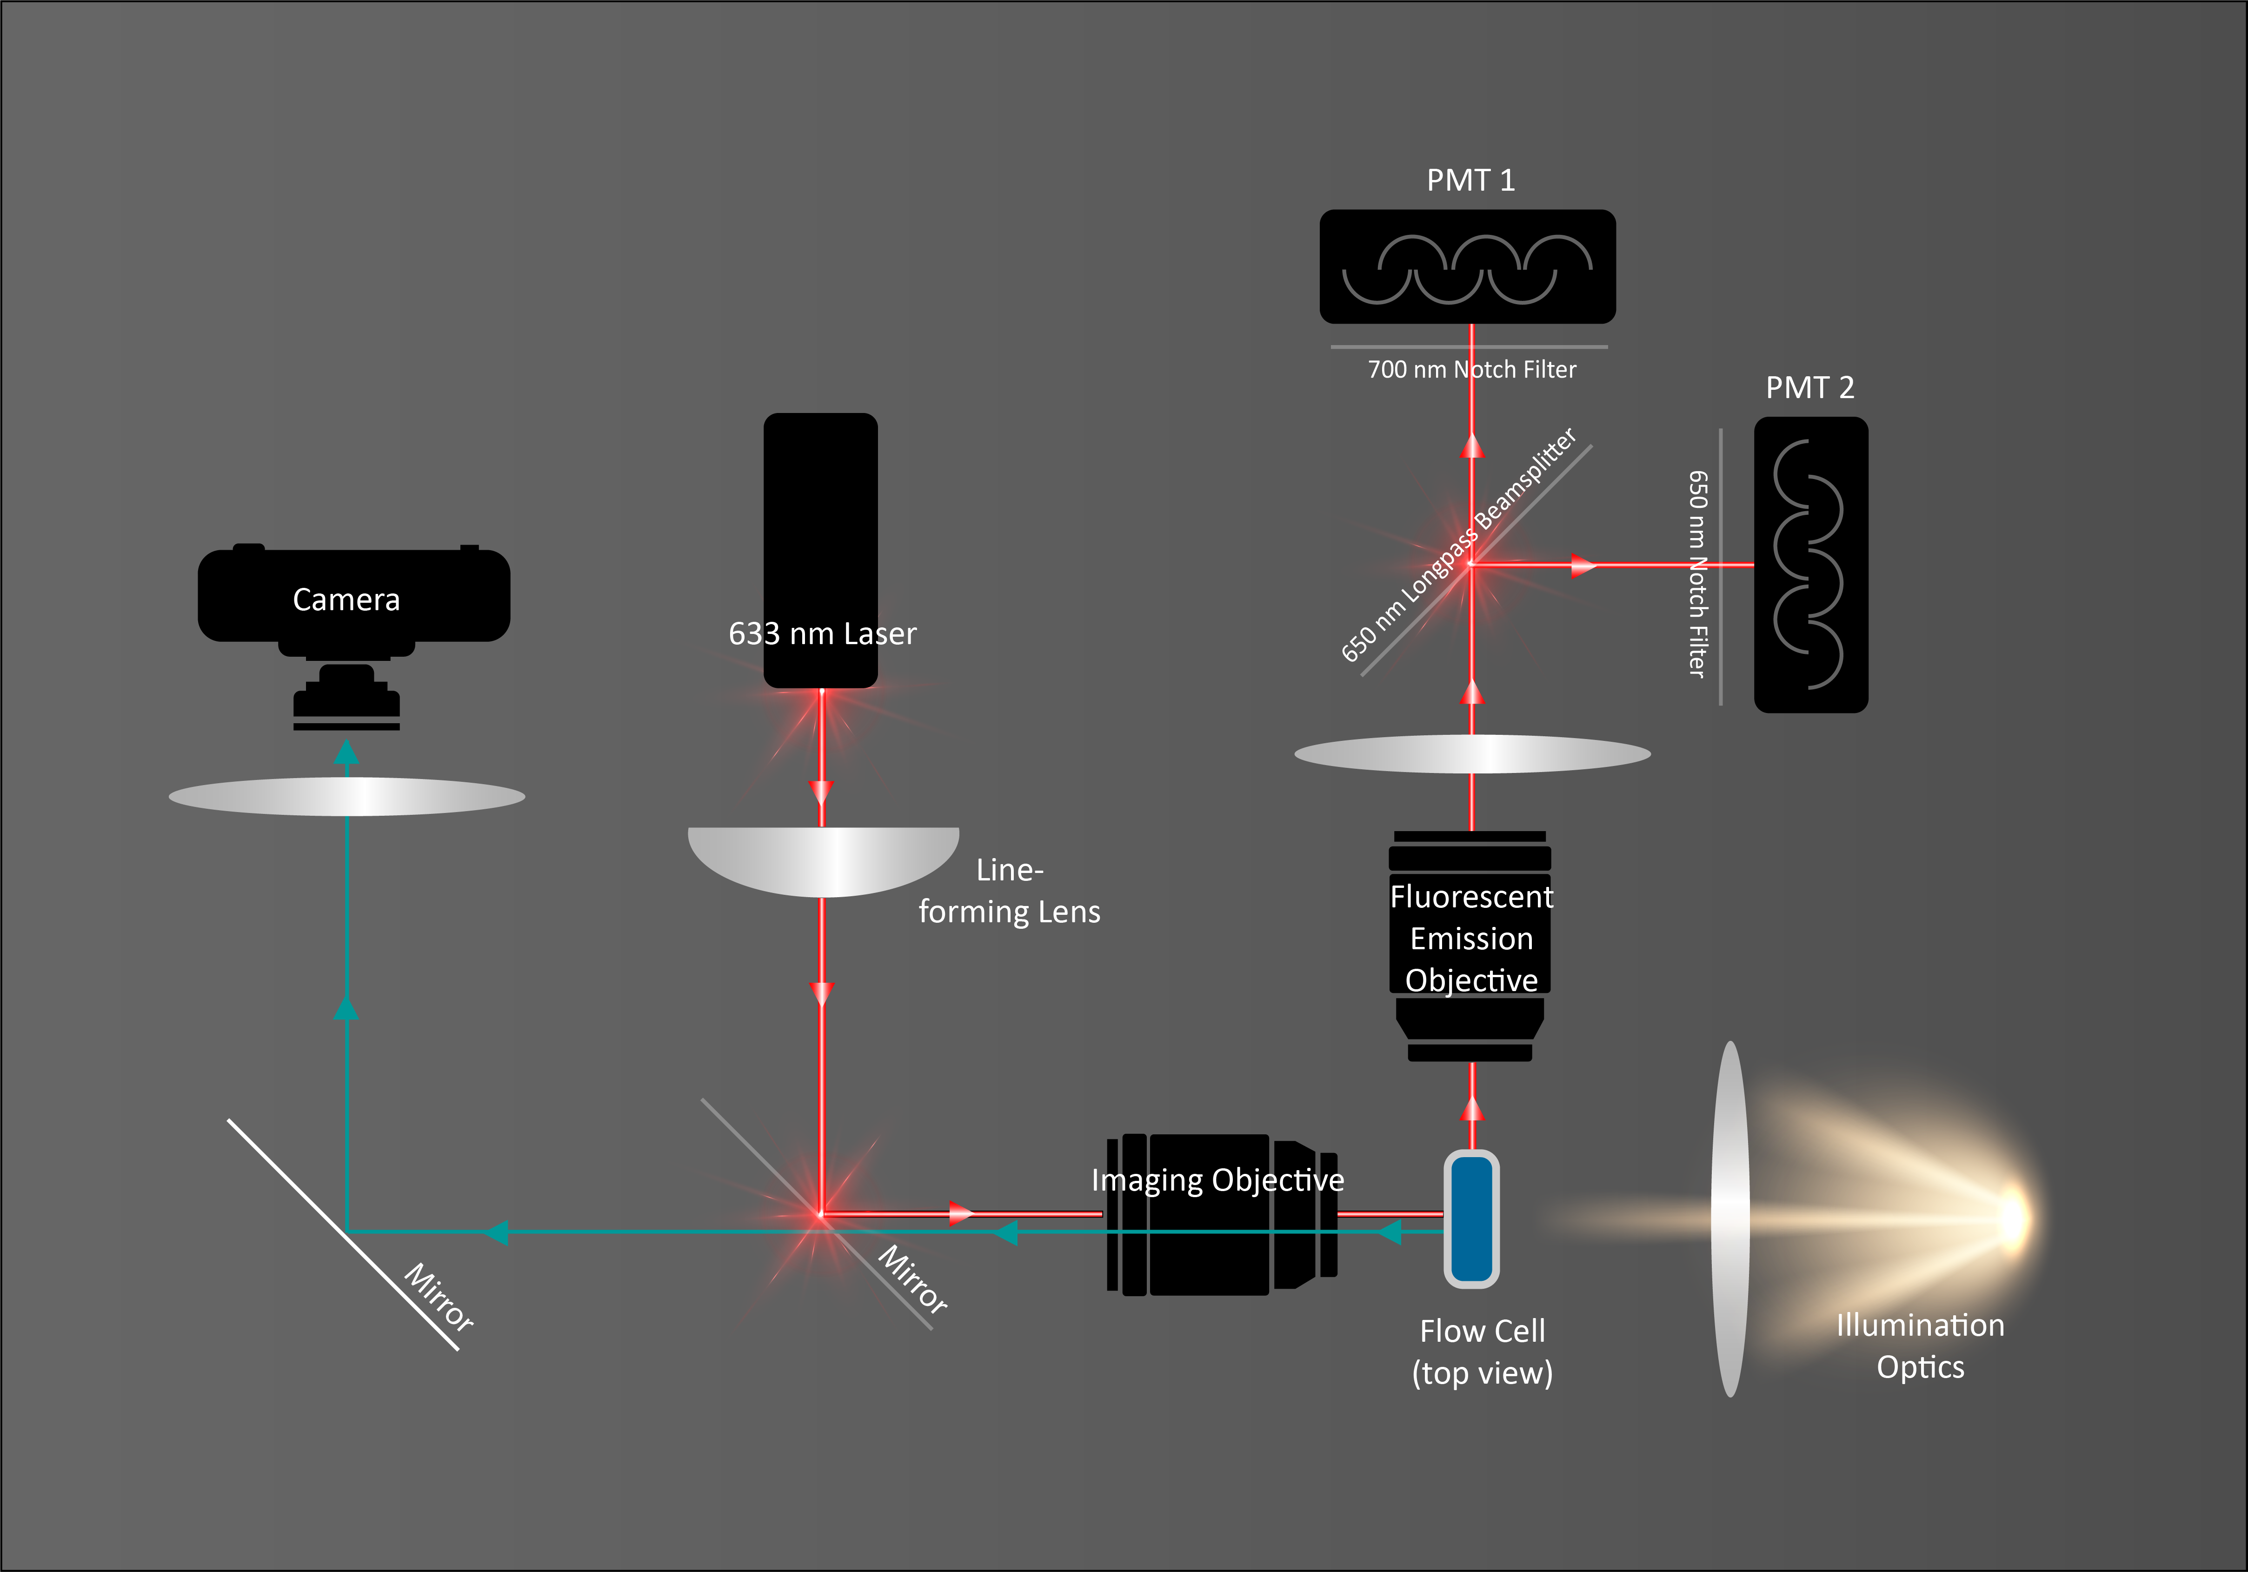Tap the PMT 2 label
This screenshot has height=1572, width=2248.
click(x=1809, y=388)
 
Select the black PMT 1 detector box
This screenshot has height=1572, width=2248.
click(x=1467, y=266)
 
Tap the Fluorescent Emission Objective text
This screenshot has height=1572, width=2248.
click(x=1470, y=938)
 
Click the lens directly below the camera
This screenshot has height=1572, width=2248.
click(x=346, y=796)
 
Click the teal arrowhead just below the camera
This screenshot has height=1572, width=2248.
click(x=346, y=752)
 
